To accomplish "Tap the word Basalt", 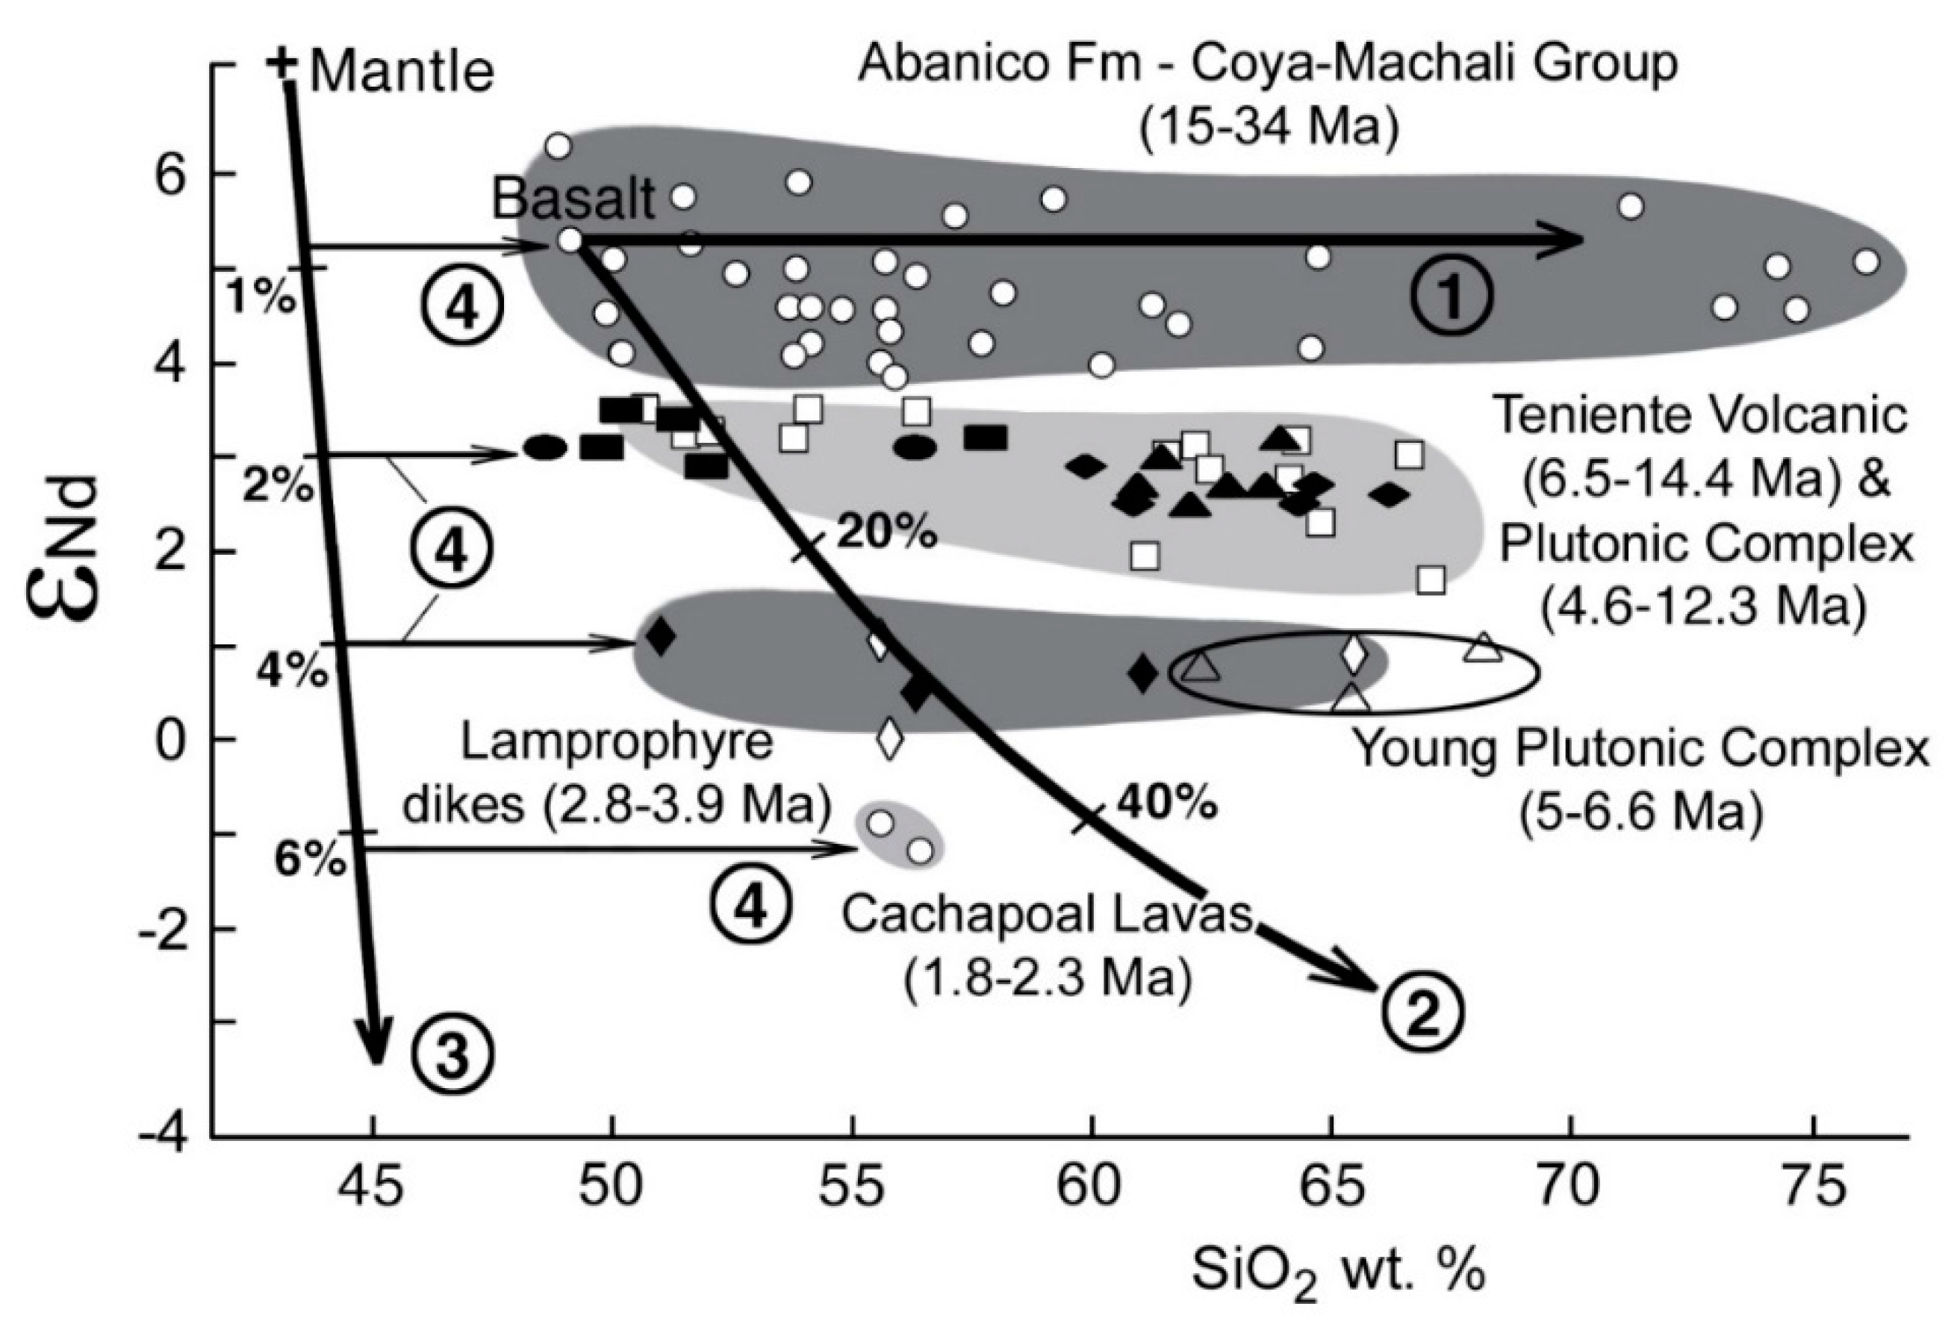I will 573,200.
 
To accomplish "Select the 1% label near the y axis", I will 261,297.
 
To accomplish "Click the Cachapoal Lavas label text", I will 1047,915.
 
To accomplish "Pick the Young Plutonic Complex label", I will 1640,749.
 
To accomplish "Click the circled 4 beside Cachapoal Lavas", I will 751,908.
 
